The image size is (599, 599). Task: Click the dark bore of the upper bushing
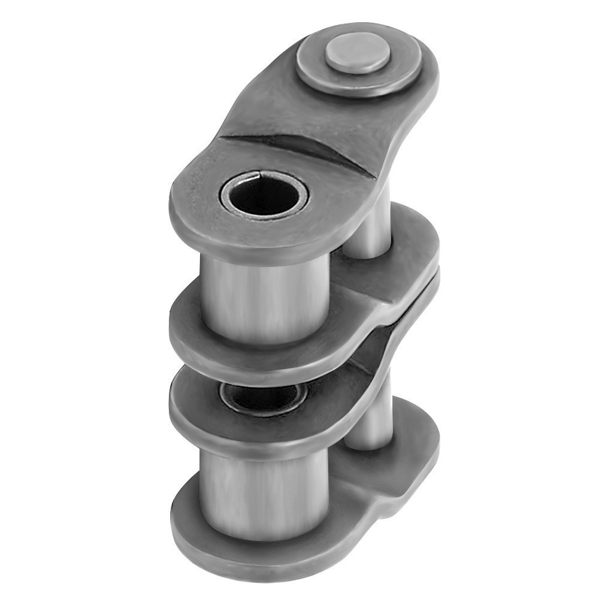(264, 198)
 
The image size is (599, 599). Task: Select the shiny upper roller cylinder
(264, 294)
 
